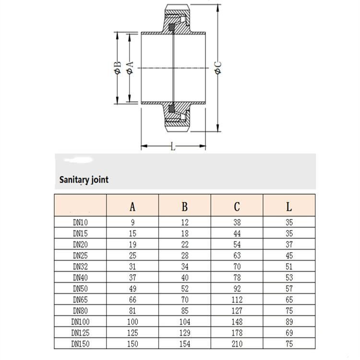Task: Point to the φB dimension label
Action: point(117,68)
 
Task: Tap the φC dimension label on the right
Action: point(218,68)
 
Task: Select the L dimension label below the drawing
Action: point(173,147)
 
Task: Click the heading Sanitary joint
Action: point(84,180)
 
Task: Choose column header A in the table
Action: point(132,206)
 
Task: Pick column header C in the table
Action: point(237,206)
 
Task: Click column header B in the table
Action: point(185,206)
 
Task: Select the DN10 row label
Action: point(80,222)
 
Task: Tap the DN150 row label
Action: point(80,344)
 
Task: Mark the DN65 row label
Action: point(80,300)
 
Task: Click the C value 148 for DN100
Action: point(237,322)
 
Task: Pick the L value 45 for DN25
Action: point(288,255)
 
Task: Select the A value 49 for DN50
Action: point(132,288)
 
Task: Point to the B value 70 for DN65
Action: point(185,300)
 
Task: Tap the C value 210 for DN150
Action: point(237,344)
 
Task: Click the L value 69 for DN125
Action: point(288,333)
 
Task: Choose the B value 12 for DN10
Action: point(185,222)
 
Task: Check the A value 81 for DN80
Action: point(132,311)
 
